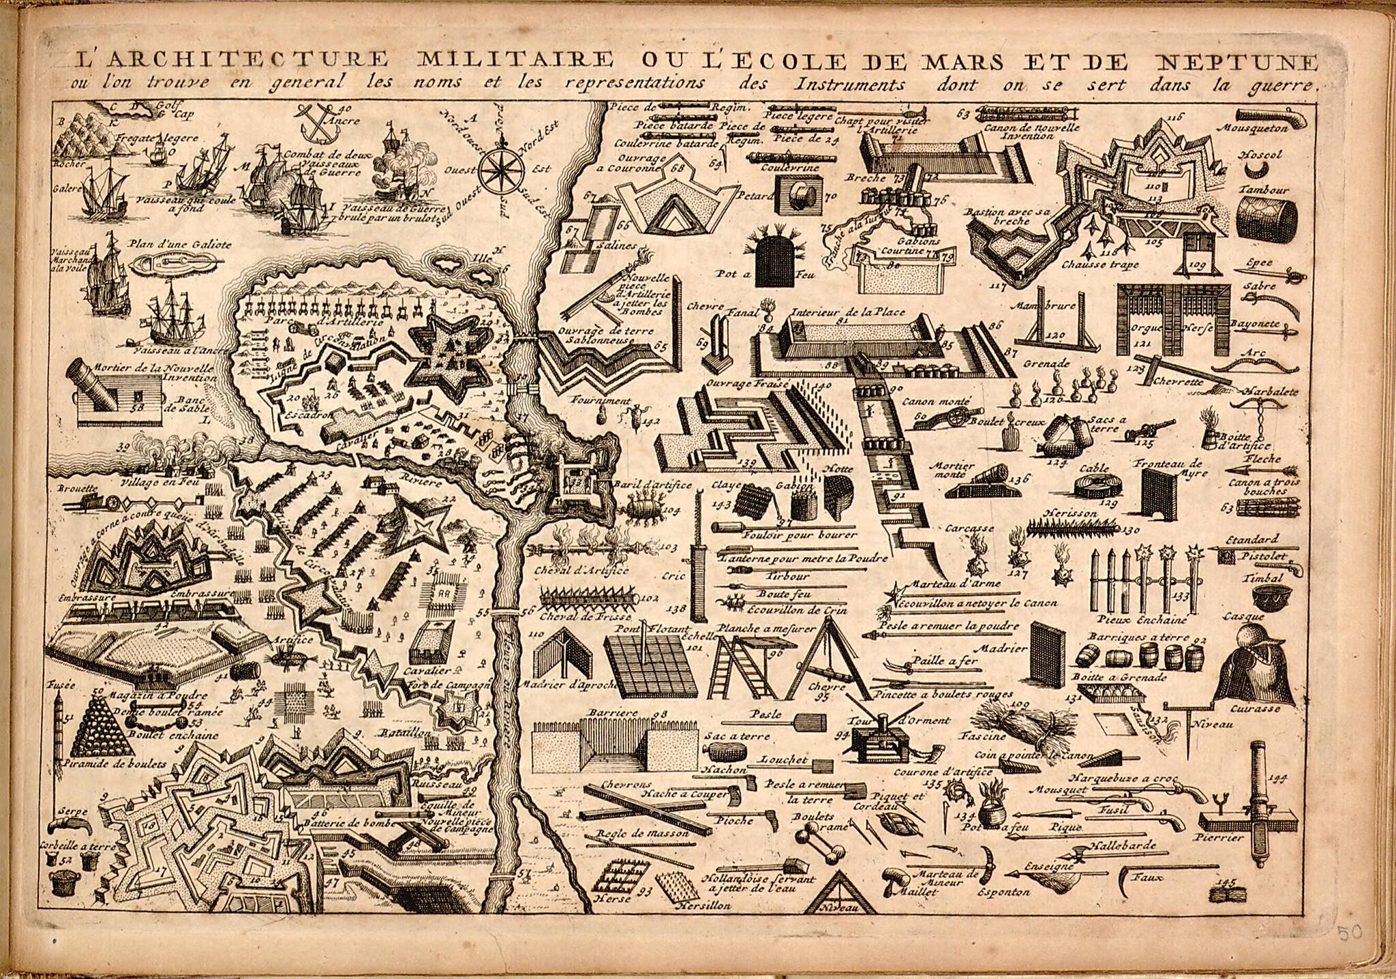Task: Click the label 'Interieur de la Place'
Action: (x=847, y=312)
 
